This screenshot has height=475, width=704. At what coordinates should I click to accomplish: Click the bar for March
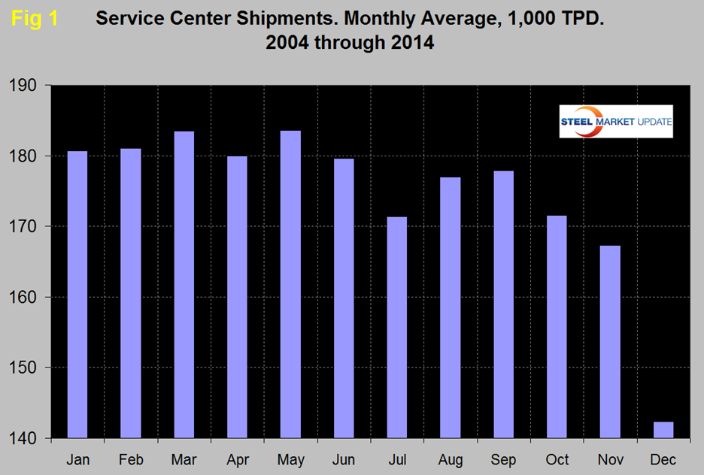(184, 285)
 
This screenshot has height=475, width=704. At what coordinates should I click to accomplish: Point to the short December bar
(663, 430)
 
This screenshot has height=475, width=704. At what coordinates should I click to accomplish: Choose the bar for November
(610, 342)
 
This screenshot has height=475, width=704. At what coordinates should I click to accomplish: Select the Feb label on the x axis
(131, 459)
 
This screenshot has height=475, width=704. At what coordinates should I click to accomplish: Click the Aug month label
(451, 459)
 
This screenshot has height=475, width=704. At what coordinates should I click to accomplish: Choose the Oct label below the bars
(557, 459)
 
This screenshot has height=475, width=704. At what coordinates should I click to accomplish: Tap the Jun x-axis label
(344, 459)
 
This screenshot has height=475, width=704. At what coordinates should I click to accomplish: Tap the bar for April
(238, 297)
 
